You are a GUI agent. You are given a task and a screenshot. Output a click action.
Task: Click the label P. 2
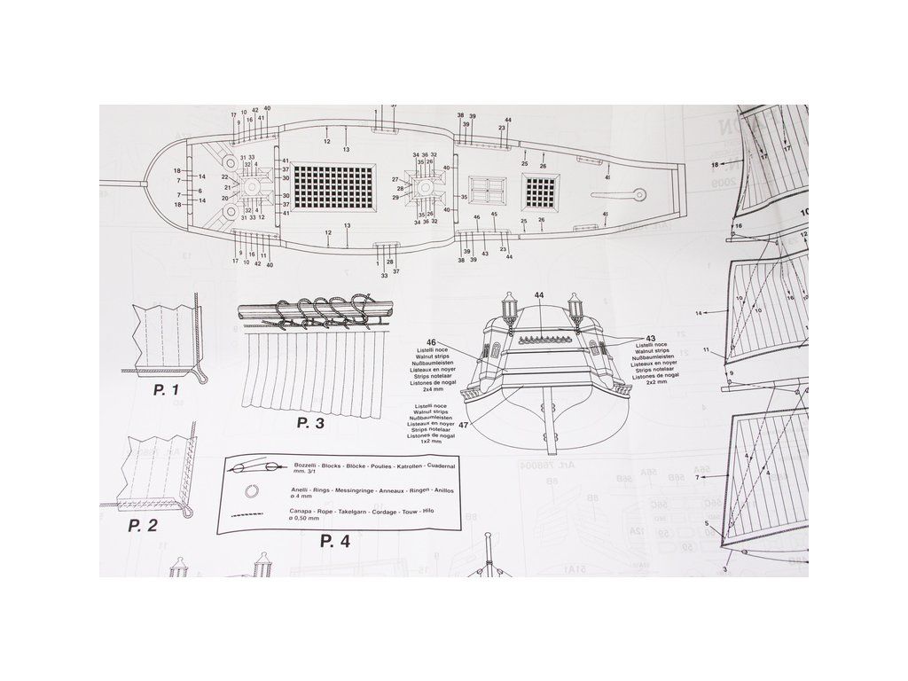142,525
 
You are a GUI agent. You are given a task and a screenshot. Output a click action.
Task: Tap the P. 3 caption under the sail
311,423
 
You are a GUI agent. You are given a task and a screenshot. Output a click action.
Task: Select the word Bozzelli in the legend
304,465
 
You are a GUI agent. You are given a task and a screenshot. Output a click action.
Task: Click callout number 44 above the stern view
538,295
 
